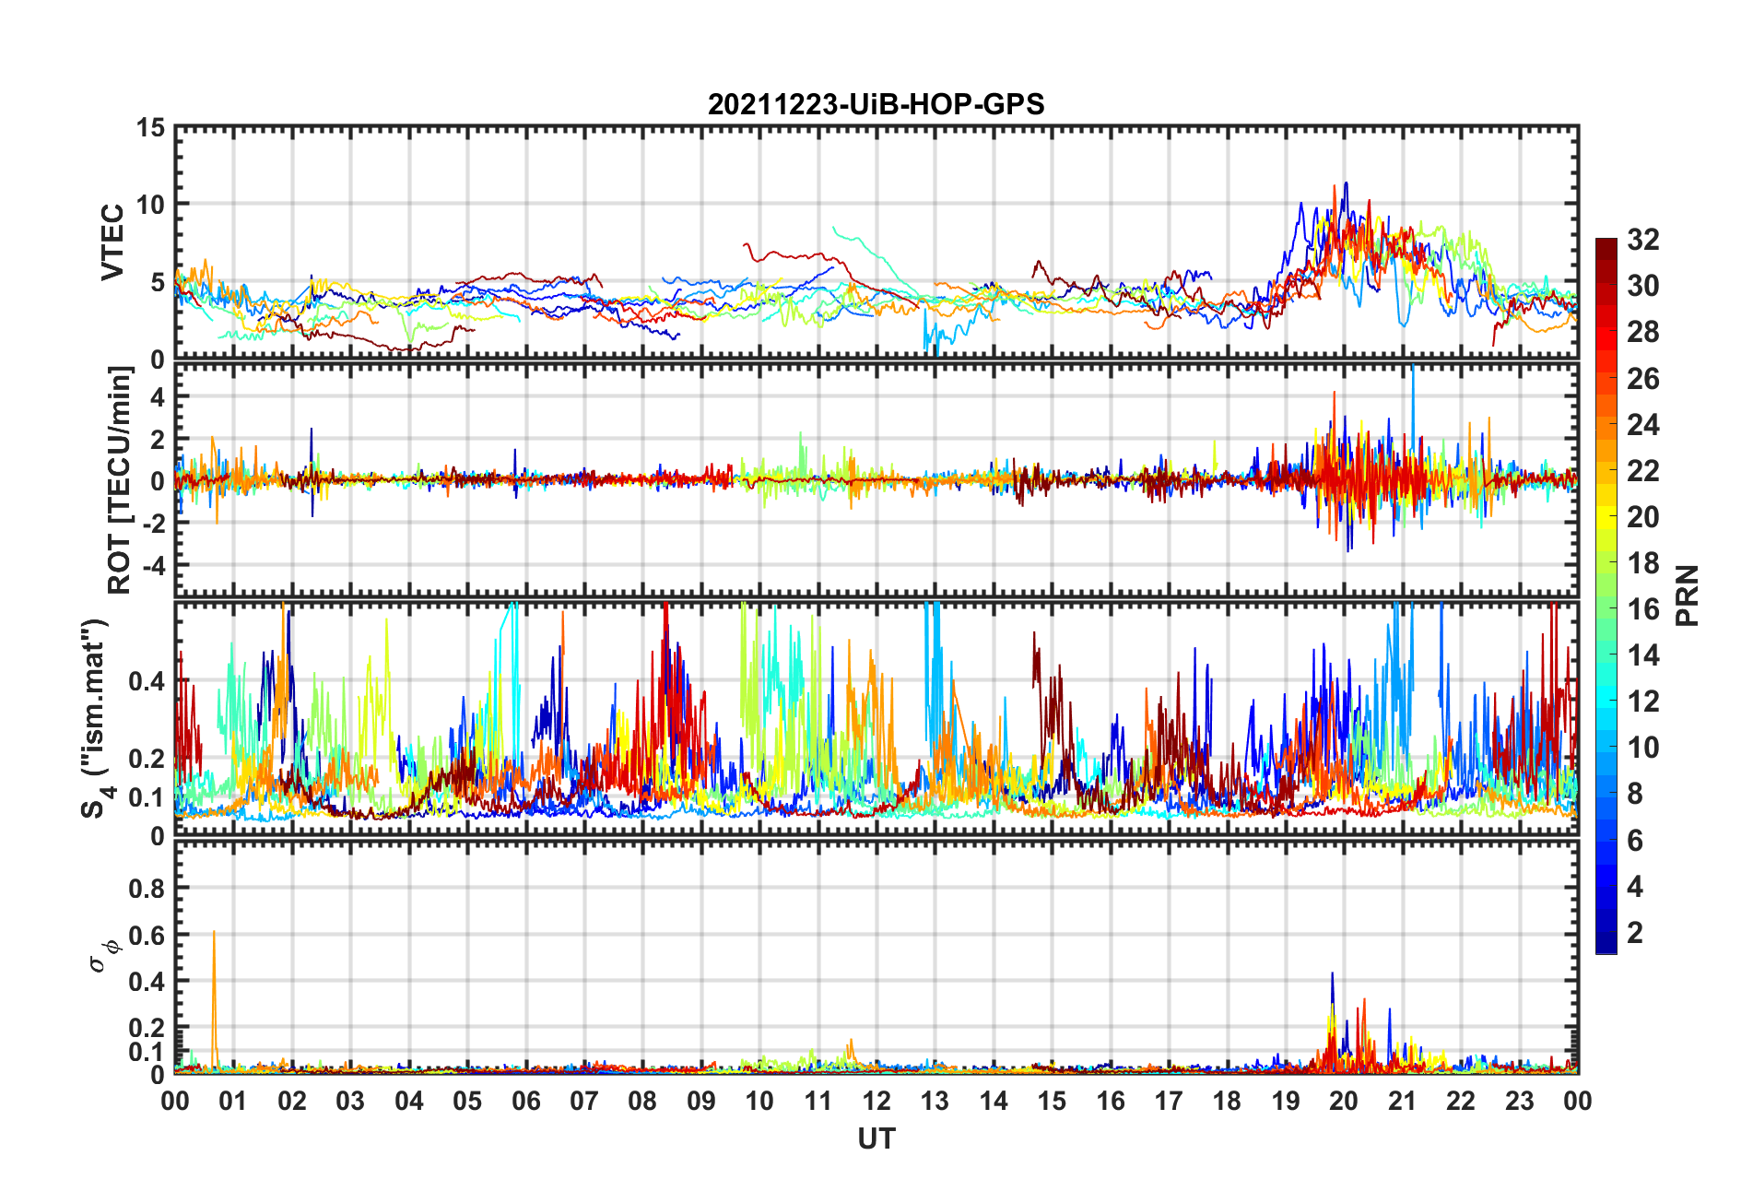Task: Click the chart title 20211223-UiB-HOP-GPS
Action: (876, 104)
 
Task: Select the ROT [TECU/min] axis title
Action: (120, 479)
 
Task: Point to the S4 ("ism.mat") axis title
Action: (96, 719)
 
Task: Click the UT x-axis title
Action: (876, 1139)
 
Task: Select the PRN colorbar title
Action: (1687, 595)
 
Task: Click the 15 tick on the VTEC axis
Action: (151, 128)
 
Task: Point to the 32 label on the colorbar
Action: (1643, 240)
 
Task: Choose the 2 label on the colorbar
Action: (1635, 933)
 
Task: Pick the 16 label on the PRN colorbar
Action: (1643, 609)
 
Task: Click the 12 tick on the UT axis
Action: (876, 1101)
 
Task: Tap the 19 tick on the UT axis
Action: (1286, 1101)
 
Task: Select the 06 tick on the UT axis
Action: (526, 1101)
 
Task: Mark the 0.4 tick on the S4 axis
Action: (147, 682)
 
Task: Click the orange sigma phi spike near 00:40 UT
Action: (214, 933)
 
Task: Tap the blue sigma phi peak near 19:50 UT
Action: (1332, 974)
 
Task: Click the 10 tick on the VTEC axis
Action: (151, 205)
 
